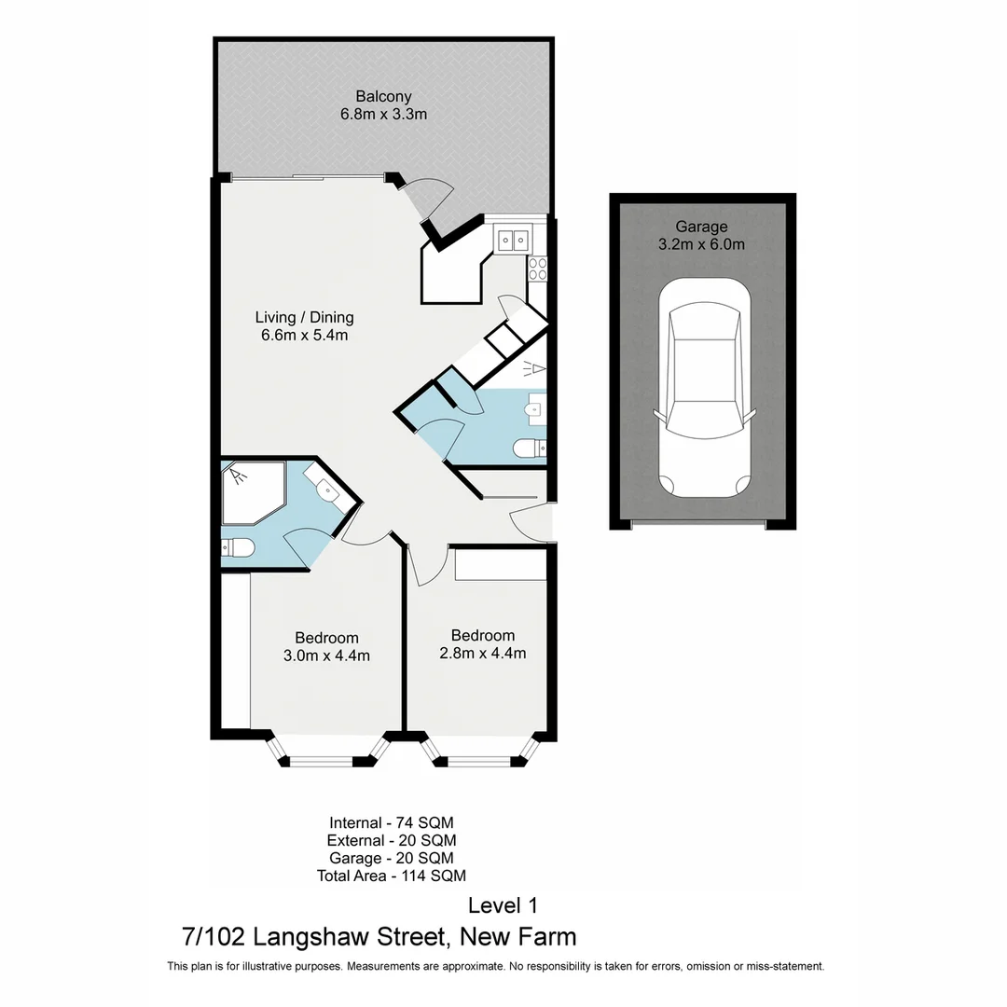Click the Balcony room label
[x=383, y=96]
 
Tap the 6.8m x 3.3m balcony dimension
[x=383, y=115]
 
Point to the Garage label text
[x=701, y=227]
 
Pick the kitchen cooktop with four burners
[x=538, y=269]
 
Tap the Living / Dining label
[x=305, y=317]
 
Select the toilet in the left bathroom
[x=237, y=548]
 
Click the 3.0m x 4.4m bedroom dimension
[x=326, y=655]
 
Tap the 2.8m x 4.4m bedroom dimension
[x=482, y=654]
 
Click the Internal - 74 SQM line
[x=391, y=822]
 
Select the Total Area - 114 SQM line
[x=391, y=876]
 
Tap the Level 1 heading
[x=503, y=905]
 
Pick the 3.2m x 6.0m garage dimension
[x=701, y=245]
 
